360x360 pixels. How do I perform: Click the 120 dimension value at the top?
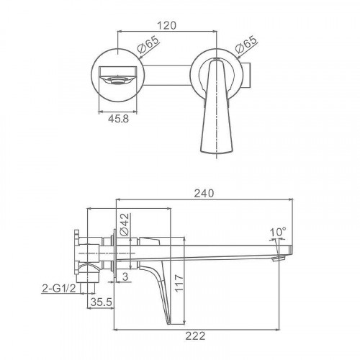tap(167, 25)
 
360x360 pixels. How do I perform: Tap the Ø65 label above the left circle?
tap(148, 45)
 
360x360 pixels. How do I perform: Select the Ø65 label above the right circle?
tap(246, 45)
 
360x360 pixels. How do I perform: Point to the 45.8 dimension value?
tap(118, 119)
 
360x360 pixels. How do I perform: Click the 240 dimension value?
tap(204, 194)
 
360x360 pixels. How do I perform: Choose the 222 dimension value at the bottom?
tap(195, 336)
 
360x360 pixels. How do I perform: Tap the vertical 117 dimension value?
tap(179, 283)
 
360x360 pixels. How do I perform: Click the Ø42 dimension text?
tap(125, 225)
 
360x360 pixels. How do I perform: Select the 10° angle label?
tap(278, 233)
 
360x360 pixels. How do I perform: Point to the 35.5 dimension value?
tap(102, 302)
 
